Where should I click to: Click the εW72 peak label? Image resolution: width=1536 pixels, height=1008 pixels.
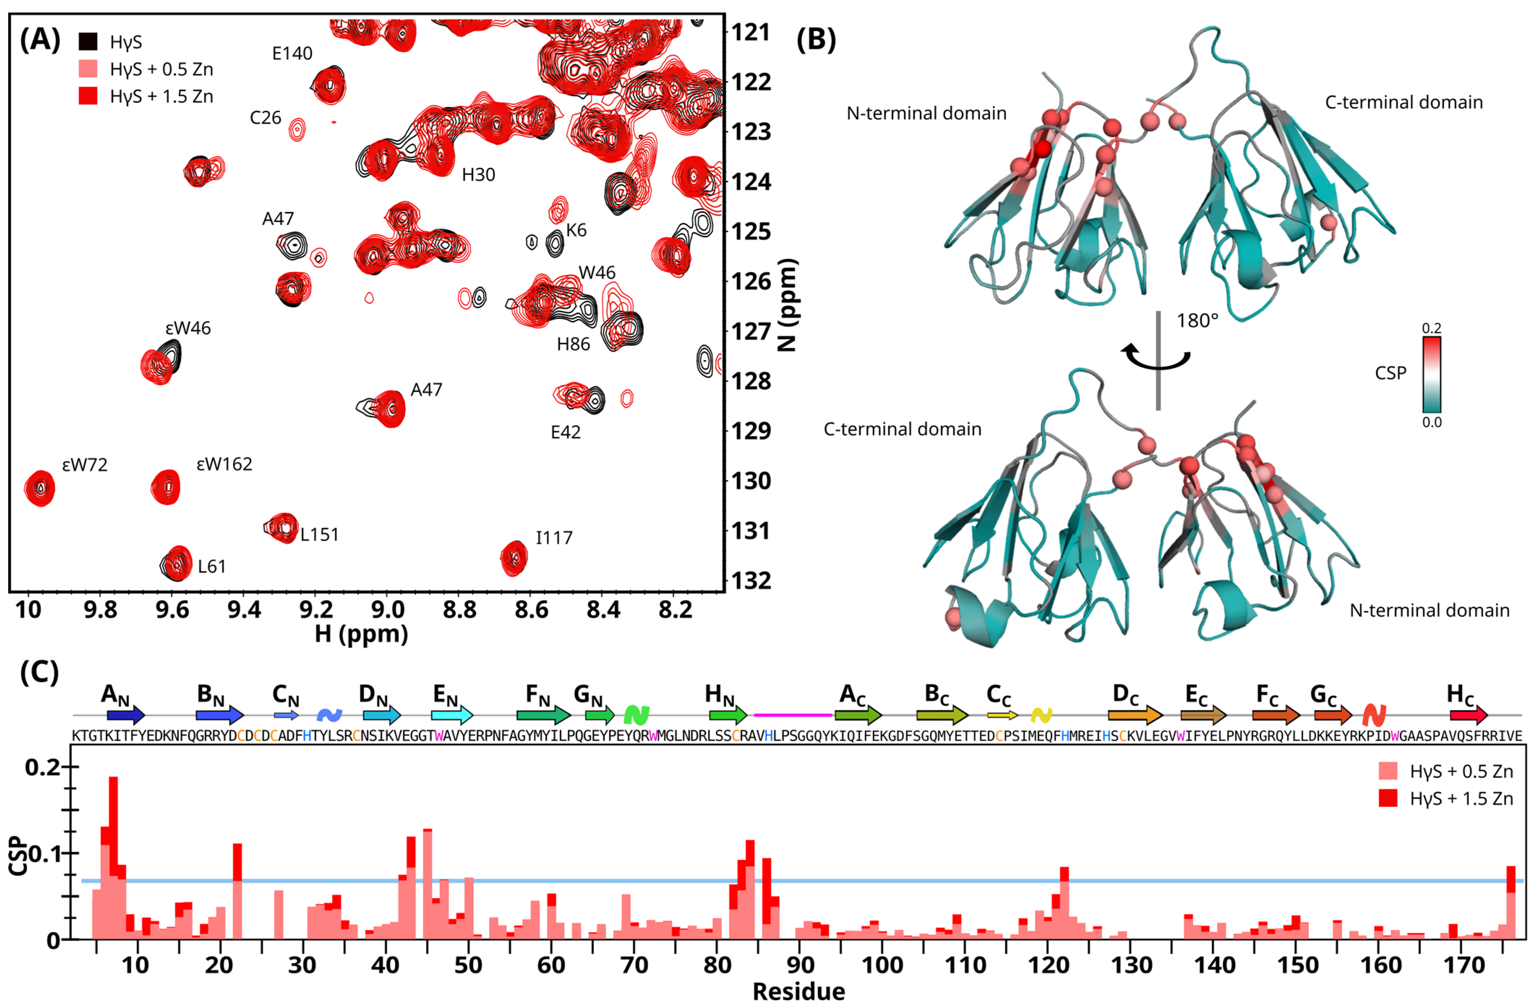[x=85, y=465]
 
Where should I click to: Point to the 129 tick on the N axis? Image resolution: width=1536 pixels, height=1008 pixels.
[x=750, y=431]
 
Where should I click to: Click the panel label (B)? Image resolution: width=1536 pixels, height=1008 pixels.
[x=816, y=40]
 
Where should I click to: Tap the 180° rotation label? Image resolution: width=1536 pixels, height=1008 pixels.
[x=1197, y=321]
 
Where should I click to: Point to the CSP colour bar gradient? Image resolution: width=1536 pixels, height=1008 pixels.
[x=1432, y=375]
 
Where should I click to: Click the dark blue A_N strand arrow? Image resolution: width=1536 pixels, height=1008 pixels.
[x=126, y=715]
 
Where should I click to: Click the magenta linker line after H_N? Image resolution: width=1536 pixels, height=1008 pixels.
[x=792, y=715]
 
